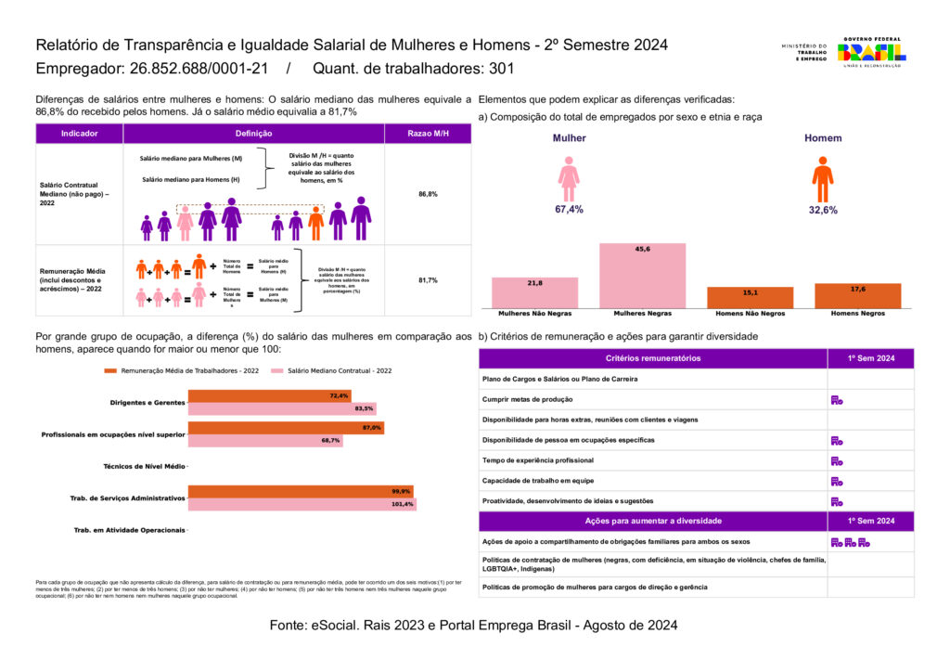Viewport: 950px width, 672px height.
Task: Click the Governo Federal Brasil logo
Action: tap(871, 52)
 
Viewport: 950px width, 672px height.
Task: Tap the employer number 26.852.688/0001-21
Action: tap(197, 69)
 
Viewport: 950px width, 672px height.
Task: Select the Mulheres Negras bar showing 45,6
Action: tap(642, 276)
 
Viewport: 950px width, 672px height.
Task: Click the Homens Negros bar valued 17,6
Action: tap(857, 296)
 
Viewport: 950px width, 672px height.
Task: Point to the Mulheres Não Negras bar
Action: tap(534, 292)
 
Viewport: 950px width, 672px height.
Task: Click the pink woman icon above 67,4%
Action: tap(569, 178)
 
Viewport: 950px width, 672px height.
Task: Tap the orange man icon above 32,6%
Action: tap(822, 178)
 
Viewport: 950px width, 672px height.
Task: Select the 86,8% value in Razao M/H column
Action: tap(428, 194)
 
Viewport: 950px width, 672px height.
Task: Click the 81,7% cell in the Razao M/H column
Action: tap(428, 279)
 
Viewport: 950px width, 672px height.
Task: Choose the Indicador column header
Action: tap(79, 134)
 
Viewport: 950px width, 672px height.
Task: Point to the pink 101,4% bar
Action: tap(302, 504)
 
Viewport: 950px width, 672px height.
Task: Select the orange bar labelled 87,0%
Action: tap(286, 428)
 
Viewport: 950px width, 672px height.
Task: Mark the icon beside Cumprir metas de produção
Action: tap(836, 400)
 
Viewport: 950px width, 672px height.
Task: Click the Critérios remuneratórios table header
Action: tap(652, 358)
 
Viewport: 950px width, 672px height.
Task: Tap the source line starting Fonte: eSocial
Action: tap(473, 626)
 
